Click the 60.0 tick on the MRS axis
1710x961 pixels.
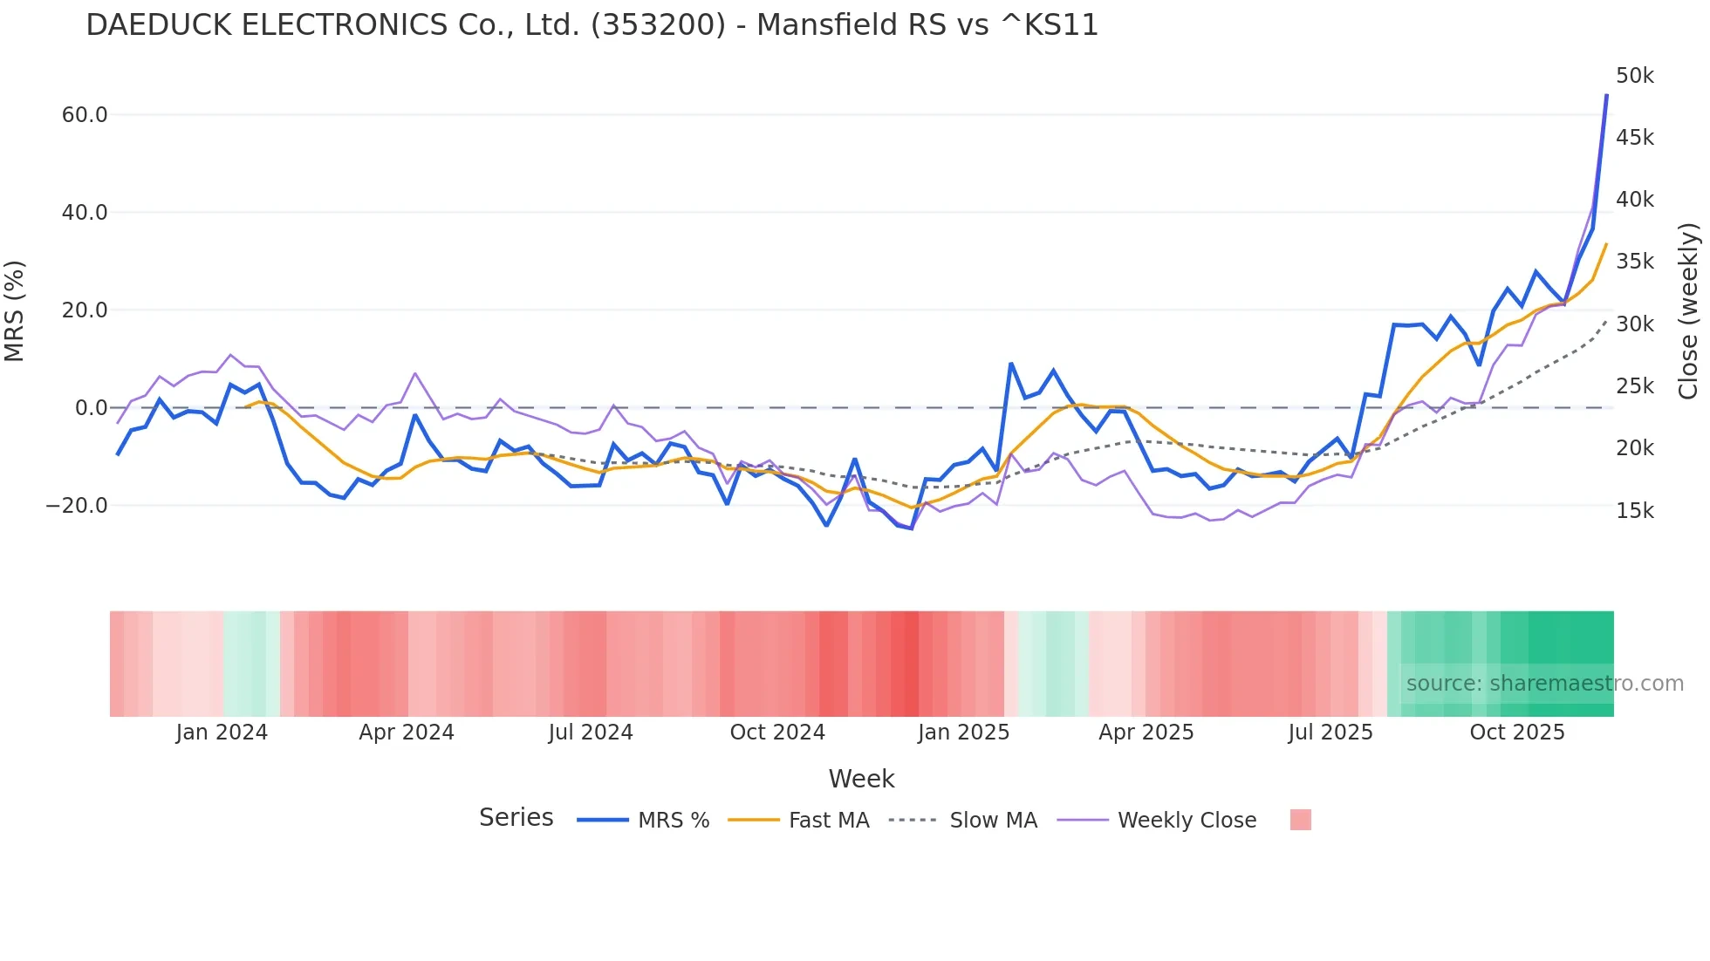[84, 115]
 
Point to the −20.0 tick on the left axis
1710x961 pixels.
[77, 506]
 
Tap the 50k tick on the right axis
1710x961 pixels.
[1634, 76]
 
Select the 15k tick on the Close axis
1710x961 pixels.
[1634, 511]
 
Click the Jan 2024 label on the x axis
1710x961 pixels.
[222, 733]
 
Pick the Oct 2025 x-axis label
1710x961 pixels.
[1517, 733]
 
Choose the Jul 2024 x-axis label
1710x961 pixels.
[591, 733]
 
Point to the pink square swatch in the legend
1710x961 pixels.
[1300, 820]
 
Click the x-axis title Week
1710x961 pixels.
[861, 779]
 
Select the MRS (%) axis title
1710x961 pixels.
[15, 310]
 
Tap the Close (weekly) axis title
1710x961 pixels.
[1688, 310]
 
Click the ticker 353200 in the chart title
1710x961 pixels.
[658, 24]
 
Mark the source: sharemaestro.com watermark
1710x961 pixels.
[1544, 684]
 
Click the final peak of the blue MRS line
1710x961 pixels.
[1606, 95]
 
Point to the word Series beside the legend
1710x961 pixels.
[516, 818]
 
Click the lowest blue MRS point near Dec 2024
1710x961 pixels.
[911, 528]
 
